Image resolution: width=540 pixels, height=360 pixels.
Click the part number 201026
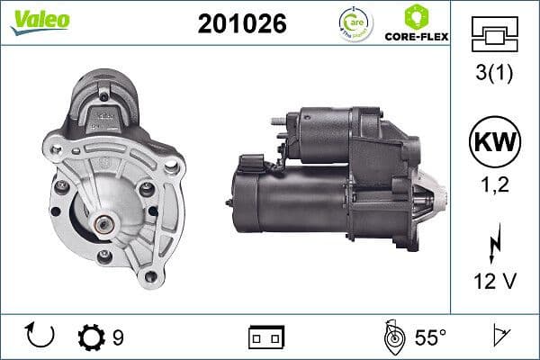click(x=241, y=24)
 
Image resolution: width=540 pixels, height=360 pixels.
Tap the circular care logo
click(x=351, y=23)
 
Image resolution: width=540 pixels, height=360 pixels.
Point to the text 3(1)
click(x=493, y=74)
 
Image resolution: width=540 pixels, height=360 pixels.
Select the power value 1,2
click(x=493, y=184)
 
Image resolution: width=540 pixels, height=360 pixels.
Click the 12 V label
click(x=493, y=282)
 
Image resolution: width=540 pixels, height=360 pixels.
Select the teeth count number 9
click(x=118, y=337)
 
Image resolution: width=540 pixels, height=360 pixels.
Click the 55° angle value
click(x=430, y=337)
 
